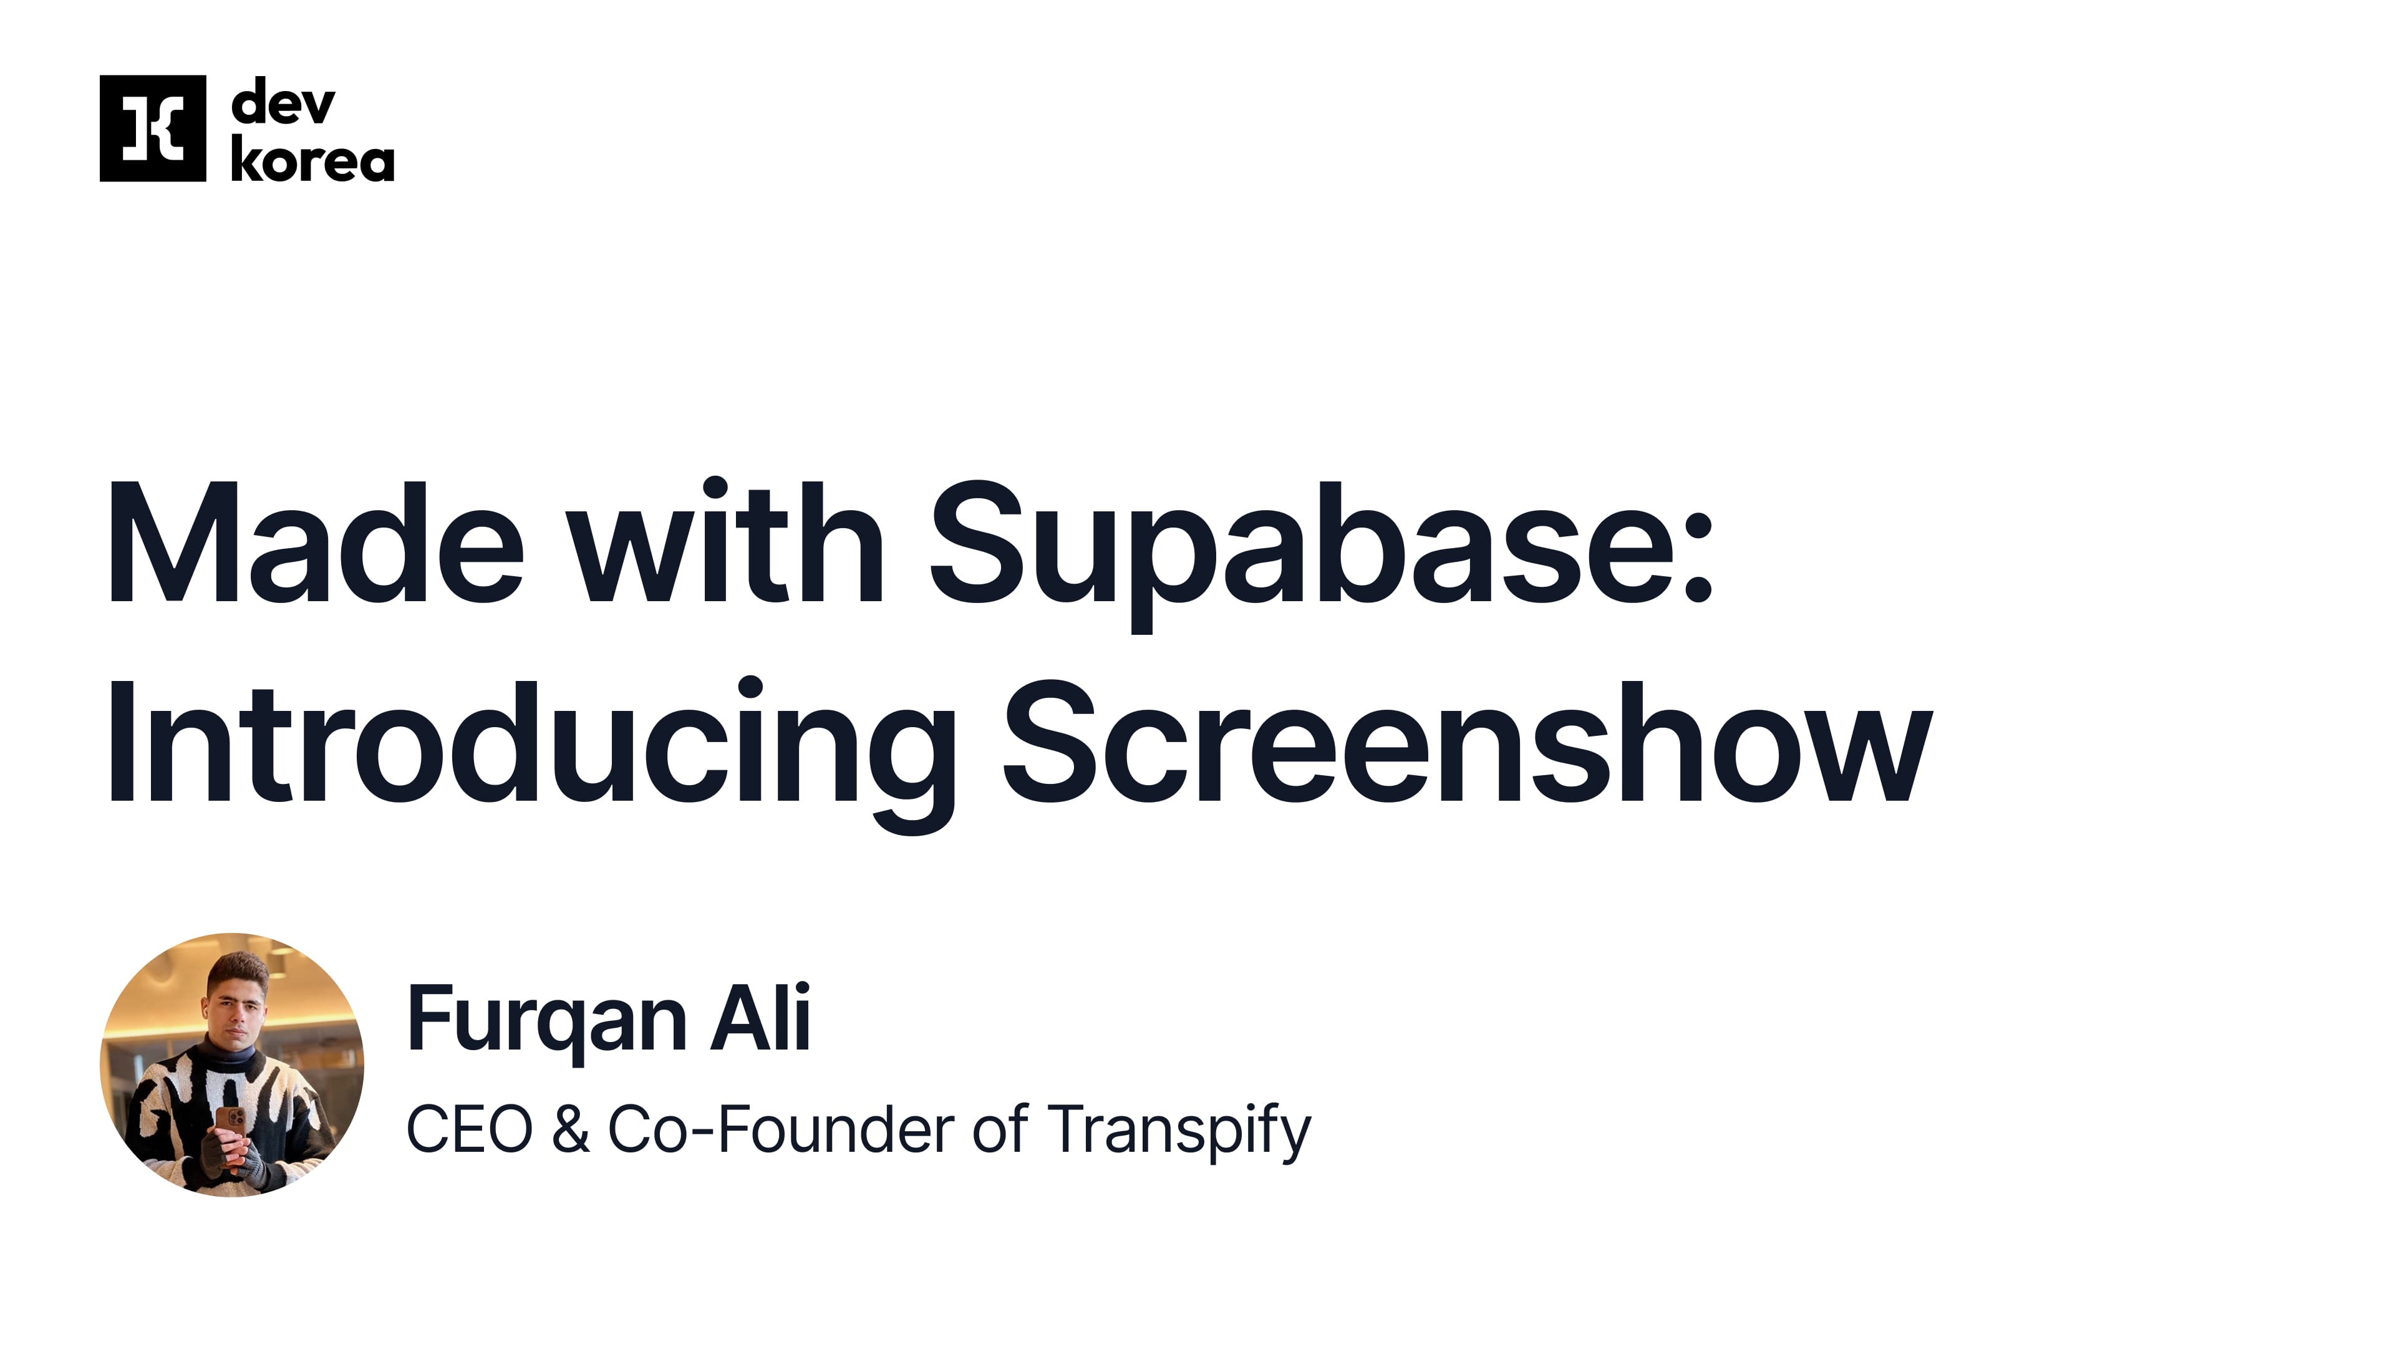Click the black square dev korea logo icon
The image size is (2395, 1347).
152,128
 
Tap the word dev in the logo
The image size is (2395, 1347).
283,103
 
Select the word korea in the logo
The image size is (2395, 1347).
312,161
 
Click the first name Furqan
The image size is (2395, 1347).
547,1020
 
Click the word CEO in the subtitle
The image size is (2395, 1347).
470,1131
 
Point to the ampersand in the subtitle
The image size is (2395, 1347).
570,1131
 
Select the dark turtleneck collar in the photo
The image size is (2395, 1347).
233,1055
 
